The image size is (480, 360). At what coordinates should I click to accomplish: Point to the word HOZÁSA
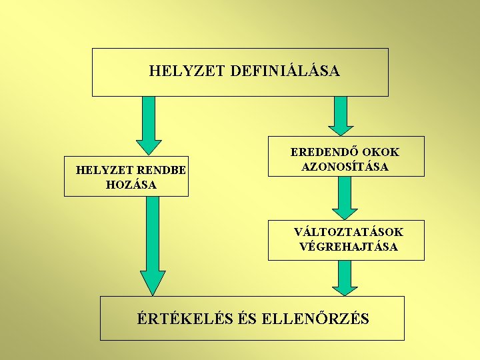click(131, 185)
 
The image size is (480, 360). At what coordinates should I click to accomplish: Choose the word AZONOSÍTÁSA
click(345, 167)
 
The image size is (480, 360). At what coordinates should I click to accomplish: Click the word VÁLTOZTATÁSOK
click(349, 232)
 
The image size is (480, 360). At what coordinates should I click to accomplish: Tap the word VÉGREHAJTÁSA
click(349, 247)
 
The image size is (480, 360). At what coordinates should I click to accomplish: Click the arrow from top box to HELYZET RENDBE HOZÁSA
click(149, 123)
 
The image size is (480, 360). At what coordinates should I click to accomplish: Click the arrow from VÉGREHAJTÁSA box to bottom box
click(345, 277)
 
